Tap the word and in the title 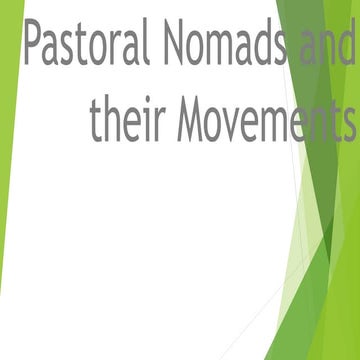pyautogui.click(x=329, y=45)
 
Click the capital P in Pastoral pyautogui.click(x=32, y=45)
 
